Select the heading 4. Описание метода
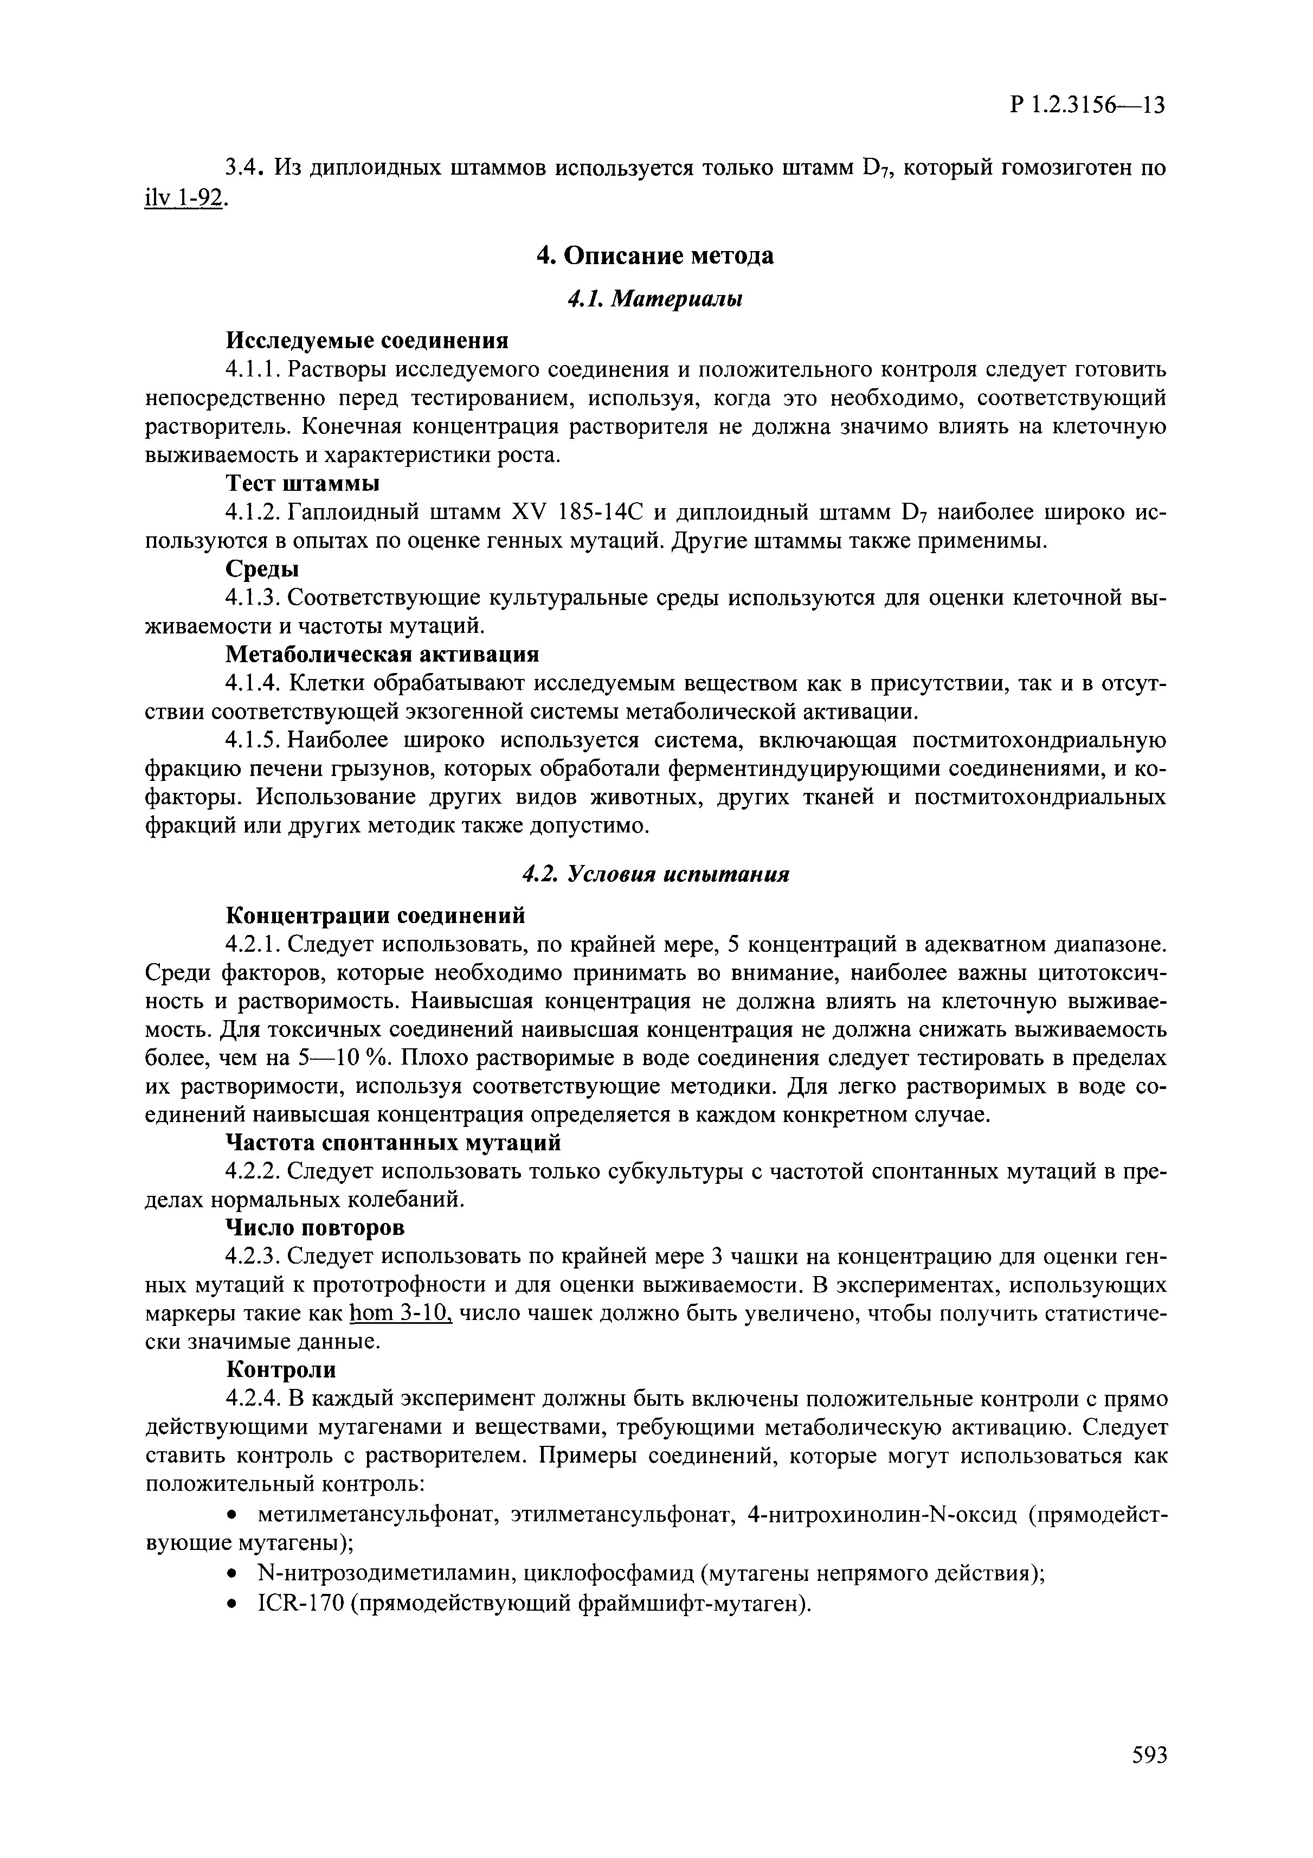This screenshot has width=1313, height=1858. click(x=655, y=256)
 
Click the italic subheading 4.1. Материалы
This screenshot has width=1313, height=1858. click(x=655, y=299)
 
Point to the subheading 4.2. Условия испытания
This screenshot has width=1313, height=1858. click(x=655, y=874)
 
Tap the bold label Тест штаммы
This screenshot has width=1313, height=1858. click(x=302, y=483)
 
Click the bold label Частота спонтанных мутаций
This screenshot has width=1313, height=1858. click(x=392, y=1143)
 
